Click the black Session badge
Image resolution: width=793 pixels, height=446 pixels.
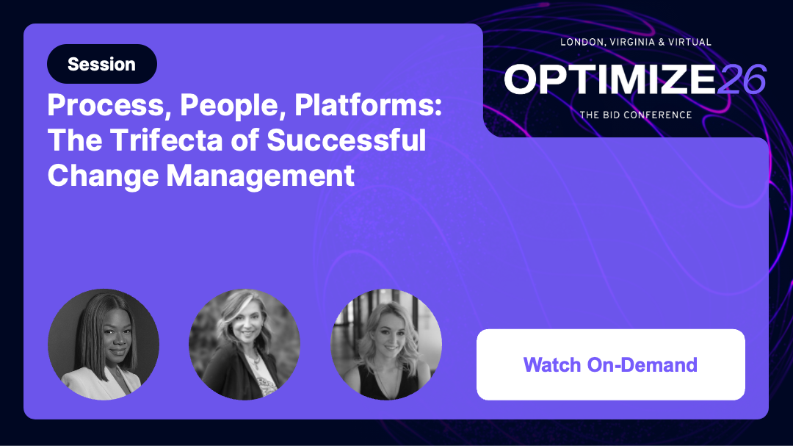(101, 64)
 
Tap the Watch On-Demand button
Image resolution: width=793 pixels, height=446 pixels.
(610, 364)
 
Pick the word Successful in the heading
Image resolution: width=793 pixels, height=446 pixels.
(345, 140)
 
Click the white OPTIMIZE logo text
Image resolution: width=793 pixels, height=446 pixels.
(609, 79)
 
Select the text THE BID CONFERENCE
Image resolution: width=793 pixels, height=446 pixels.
(635, 115)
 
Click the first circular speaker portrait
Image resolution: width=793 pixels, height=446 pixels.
(104, 344)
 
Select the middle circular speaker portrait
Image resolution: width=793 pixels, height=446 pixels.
(245, 344)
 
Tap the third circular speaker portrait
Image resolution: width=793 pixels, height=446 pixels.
(386, 344)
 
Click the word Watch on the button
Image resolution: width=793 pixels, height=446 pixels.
(552, 364)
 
